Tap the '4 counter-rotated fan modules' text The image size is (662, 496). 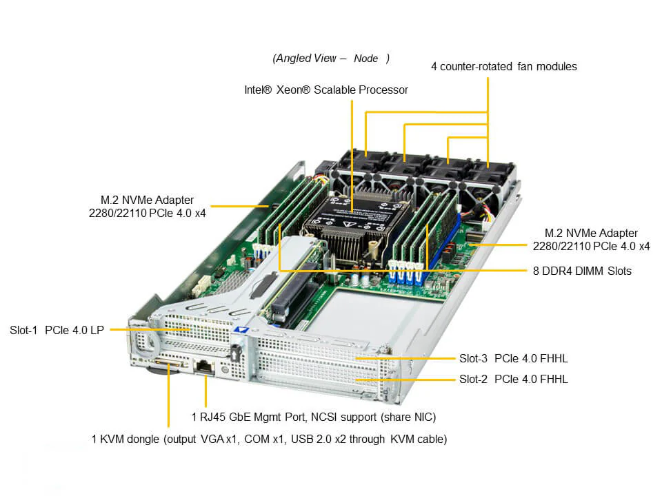503,67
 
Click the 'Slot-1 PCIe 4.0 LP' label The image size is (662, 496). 57,330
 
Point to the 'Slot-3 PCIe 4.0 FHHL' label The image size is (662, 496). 513,358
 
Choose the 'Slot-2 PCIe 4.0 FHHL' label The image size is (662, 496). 513,379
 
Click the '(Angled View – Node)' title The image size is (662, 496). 331,58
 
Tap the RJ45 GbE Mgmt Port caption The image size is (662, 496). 313,417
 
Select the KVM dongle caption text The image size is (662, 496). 269,439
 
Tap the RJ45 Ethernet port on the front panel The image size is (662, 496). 205,367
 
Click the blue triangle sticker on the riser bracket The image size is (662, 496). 240,329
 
